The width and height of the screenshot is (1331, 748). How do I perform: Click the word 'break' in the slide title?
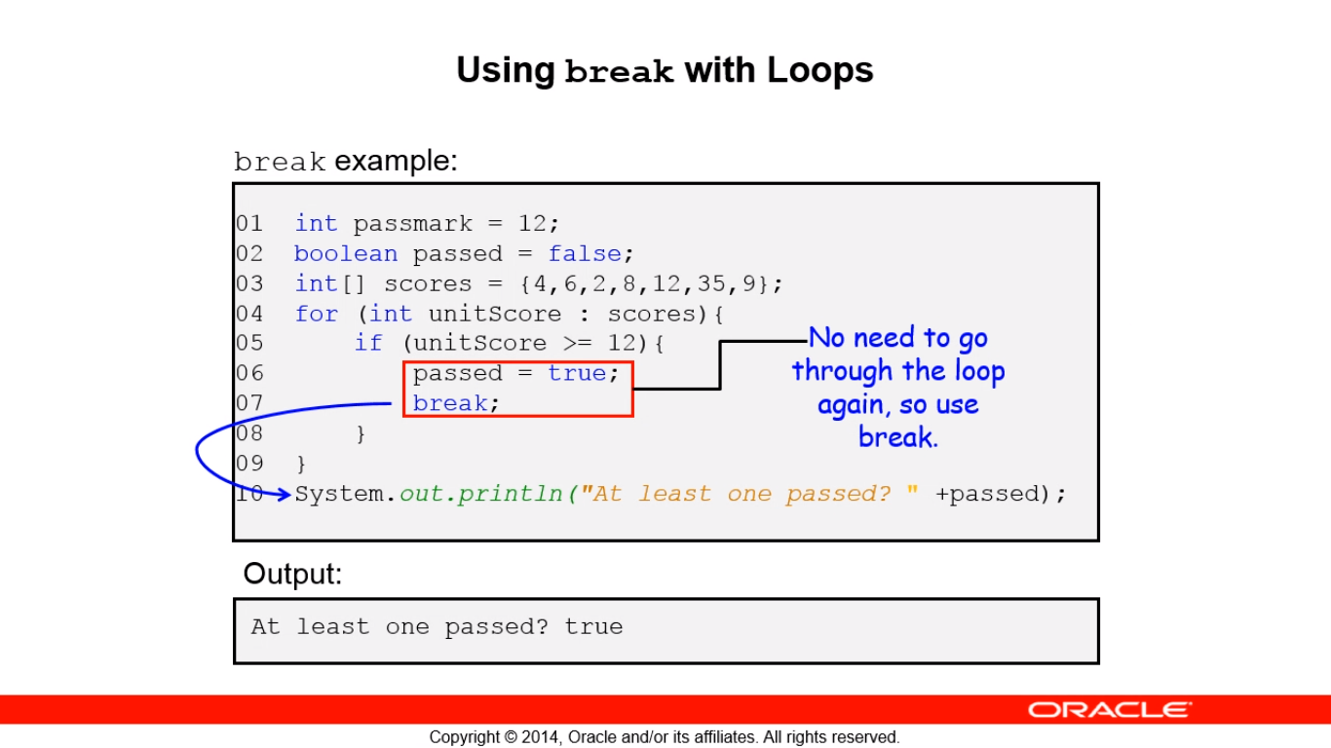[x=619, y=71]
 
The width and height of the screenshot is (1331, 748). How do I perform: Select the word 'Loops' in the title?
[x=820, y=70]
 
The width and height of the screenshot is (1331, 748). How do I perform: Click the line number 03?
[x=249, y=283]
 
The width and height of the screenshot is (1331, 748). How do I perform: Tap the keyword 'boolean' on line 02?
[x=346, y=253]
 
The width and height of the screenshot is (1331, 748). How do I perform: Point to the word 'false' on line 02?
[x=584, y=253]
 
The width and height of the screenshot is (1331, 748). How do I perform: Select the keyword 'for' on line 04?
[x=316, y=313]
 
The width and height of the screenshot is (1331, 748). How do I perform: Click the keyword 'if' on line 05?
[x=368, y=343]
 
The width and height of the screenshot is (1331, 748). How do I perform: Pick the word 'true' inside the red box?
[x=577, y=373]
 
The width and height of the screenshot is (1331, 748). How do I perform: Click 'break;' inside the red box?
[x=456, y=403]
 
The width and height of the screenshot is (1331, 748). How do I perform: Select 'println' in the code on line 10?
[x=510, y=494]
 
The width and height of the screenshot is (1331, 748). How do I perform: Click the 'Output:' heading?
[x=292, y=574]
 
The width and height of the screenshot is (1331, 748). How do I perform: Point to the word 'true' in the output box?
[x=593, y=627]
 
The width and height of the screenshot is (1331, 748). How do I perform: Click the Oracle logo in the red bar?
[x=1110, y=709]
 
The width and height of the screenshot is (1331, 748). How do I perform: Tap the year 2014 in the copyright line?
[x=541, y=737]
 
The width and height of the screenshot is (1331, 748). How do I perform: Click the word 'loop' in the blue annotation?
[x=980, y=371]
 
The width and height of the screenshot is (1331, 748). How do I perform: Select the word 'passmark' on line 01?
[x=413, y=224]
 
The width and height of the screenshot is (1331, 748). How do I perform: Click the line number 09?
[x=249, y=463]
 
